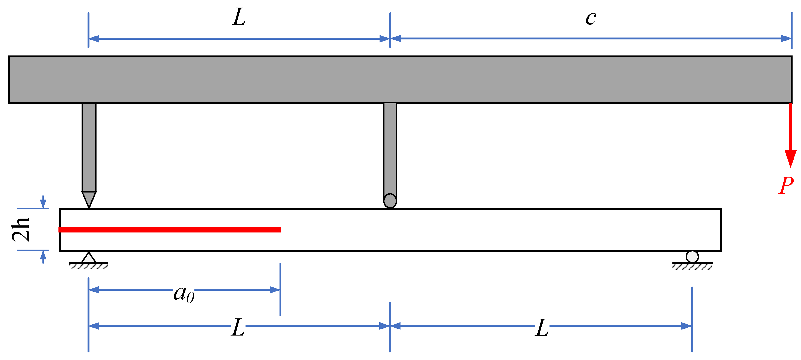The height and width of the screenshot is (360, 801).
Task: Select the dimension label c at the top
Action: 591,18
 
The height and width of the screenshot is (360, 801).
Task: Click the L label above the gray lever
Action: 239,17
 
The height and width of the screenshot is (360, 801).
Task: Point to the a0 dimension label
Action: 184,294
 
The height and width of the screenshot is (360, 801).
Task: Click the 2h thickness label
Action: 21,229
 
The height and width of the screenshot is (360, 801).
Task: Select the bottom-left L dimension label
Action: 238,327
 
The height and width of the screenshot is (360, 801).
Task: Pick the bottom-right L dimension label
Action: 542,327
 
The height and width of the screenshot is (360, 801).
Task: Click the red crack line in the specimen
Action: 169,230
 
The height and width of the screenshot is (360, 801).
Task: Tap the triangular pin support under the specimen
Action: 89,258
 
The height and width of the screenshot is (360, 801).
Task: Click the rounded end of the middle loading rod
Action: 390,200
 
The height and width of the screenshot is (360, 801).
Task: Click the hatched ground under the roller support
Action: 692,266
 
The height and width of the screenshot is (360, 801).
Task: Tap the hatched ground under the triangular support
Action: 89,266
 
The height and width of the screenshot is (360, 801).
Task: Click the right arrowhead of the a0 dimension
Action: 275,290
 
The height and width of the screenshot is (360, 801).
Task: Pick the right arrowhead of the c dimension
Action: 786,39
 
